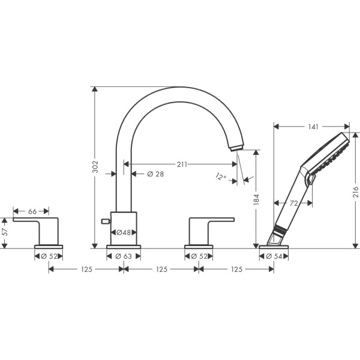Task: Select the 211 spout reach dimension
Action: click(182, 164)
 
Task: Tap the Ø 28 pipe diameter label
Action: click(155, 174)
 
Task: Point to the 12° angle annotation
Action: click(221, 176)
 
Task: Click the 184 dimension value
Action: click(256, 199)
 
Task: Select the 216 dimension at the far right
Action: click(355, 191)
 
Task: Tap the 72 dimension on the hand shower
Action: click(293, 203)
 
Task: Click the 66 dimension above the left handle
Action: click(32, 211)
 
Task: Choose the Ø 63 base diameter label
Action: click(124, 257)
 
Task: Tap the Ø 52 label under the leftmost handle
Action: click(49, 257)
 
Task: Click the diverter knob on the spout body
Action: click(106, 222)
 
